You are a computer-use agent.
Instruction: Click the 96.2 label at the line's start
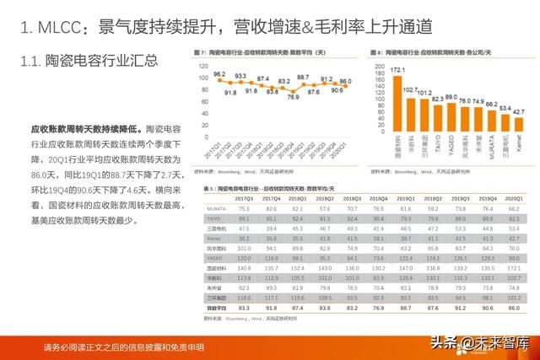[219, 75]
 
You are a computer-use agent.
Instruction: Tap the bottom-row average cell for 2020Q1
[512, 309]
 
